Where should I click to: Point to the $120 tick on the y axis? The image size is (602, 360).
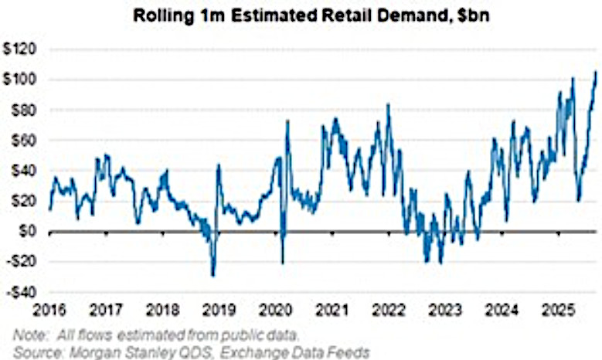click(22, 50)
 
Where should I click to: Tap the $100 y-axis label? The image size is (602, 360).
click(22, 80)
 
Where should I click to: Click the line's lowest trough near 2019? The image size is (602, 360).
click(213, 275)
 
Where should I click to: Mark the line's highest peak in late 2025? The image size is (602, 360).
click(595, 73)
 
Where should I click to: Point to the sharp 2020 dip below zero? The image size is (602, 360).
click(282, 263)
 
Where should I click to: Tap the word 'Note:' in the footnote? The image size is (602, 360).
click(27, 335)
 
